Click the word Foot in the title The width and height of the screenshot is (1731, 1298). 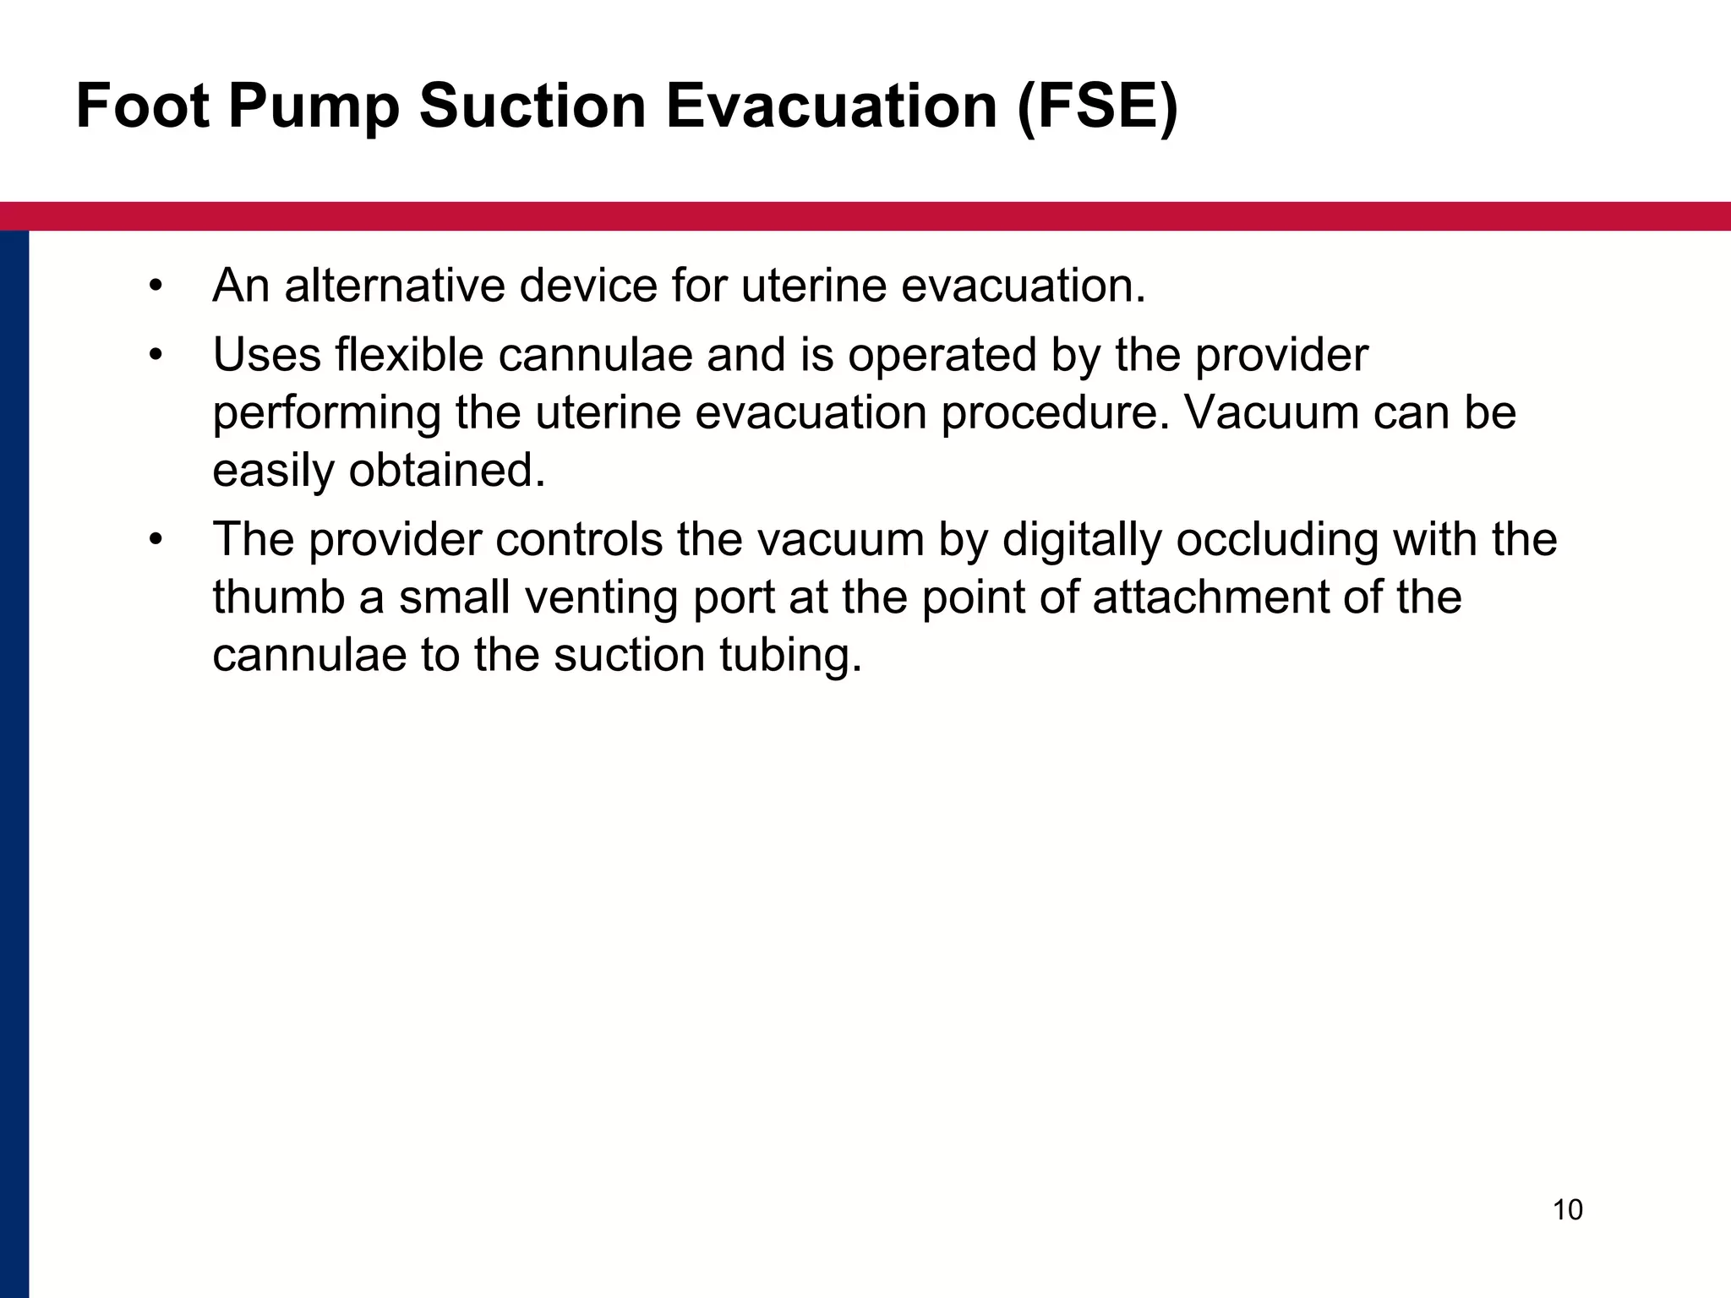pyautogui.click(x=142, y=106)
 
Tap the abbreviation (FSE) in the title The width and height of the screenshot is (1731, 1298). pyautogui.click(x=1096, y=108)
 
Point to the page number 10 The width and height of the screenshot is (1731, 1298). pyautogui.click(x=1568, y=1210)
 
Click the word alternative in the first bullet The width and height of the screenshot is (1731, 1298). pyautogui.click(x=400, y=286)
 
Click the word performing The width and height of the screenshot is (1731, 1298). pyautogui.click(x=326, y=414)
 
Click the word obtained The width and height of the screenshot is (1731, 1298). pyautogui.click(x=447, y=470)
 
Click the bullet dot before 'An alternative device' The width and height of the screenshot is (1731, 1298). pyautogui.click(x=155, y=286)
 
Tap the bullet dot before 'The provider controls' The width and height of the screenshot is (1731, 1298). pyautogui.click(x=155, y=539)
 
